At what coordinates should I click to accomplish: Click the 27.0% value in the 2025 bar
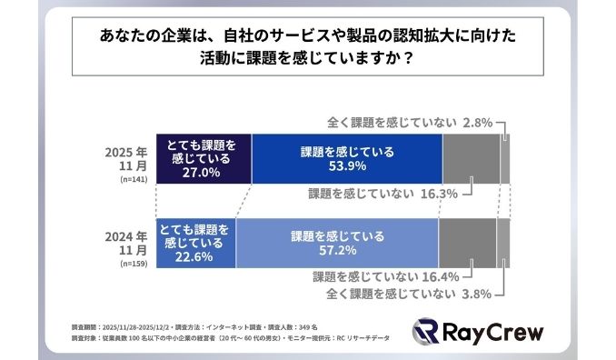pos(202,170)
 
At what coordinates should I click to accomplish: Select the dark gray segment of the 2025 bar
pos(471,159)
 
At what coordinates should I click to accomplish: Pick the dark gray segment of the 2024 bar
pos(467,243)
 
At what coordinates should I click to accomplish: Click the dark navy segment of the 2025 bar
pos(202,159)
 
